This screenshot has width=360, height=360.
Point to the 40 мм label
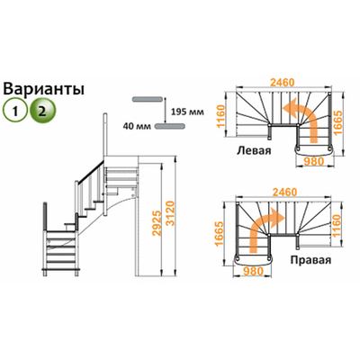[x=135, y=127]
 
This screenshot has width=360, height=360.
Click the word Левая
[x=252, y=150]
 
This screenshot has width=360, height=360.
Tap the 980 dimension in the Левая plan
[x=315, y=162]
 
